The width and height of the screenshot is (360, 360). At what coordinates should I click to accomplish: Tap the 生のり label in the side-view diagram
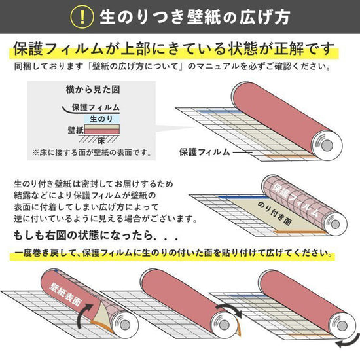(x=102, y=118)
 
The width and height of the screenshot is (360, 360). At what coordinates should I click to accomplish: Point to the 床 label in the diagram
(x=102, y=141)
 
